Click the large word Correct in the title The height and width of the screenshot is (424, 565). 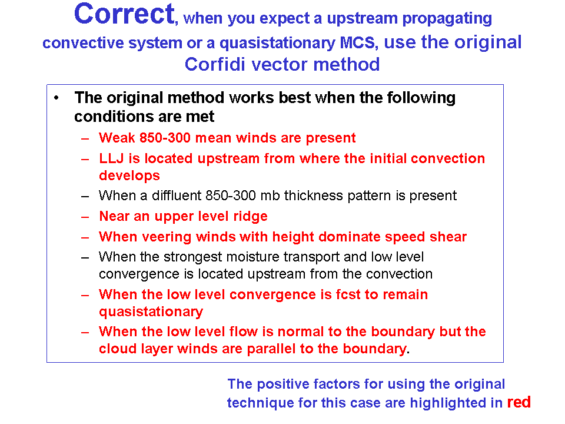(x=124, y=14)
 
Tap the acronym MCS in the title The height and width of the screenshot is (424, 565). (x=357, y=43)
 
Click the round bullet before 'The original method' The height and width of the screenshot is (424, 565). (x=56, y=97)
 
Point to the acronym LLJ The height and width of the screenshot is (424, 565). (x=111, y=158)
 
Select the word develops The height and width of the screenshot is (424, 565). (x=129, y=176)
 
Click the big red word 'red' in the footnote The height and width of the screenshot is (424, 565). (x=519, y=402)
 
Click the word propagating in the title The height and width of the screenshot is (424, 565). (x=447, y=19)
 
